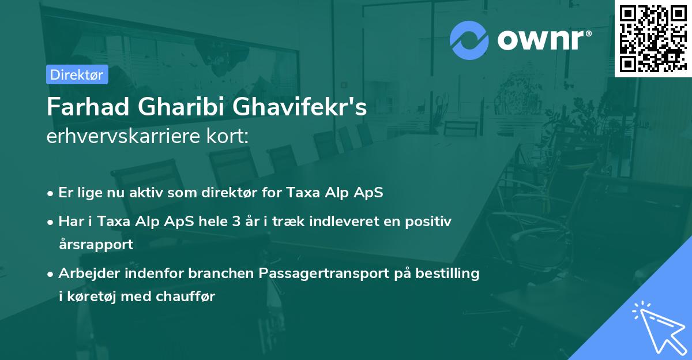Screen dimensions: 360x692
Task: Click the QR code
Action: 653,38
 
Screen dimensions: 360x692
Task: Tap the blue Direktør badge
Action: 77,74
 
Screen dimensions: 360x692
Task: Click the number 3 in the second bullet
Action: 236,221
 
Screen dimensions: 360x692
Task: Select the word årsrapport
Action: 96,244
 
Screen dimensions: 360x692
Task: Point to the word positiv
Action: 429,221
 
